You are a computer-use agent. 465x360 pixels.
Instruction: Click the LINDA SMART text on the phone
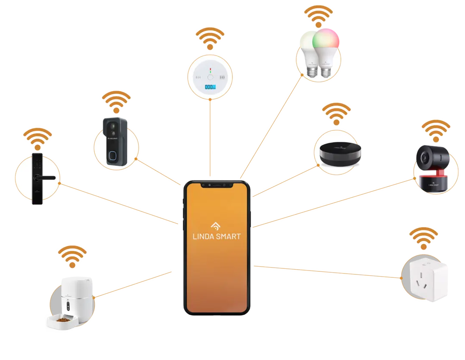click(217, 236)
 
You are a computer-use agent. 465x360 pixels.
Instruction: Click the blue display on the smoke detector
click(210, 87)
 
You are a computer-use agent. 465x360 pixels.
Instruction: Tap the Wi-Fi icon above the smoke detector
click(210, 38)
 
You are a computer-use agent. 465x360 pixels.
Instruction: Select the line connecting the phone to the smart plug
click(327, 272)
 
